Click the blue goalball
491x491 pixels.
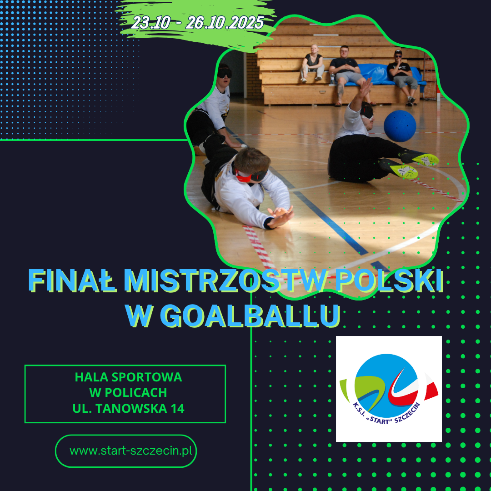(x=400, y=125)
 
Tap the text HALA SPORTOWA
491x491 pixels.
(x=128, y=377)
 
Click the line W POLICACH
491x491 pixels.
(x=128, y=392)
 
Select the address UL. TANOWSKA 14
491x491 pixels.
(x=128, y=408)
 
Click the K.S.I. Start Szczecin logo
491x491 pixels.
(x=389, y=389)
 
